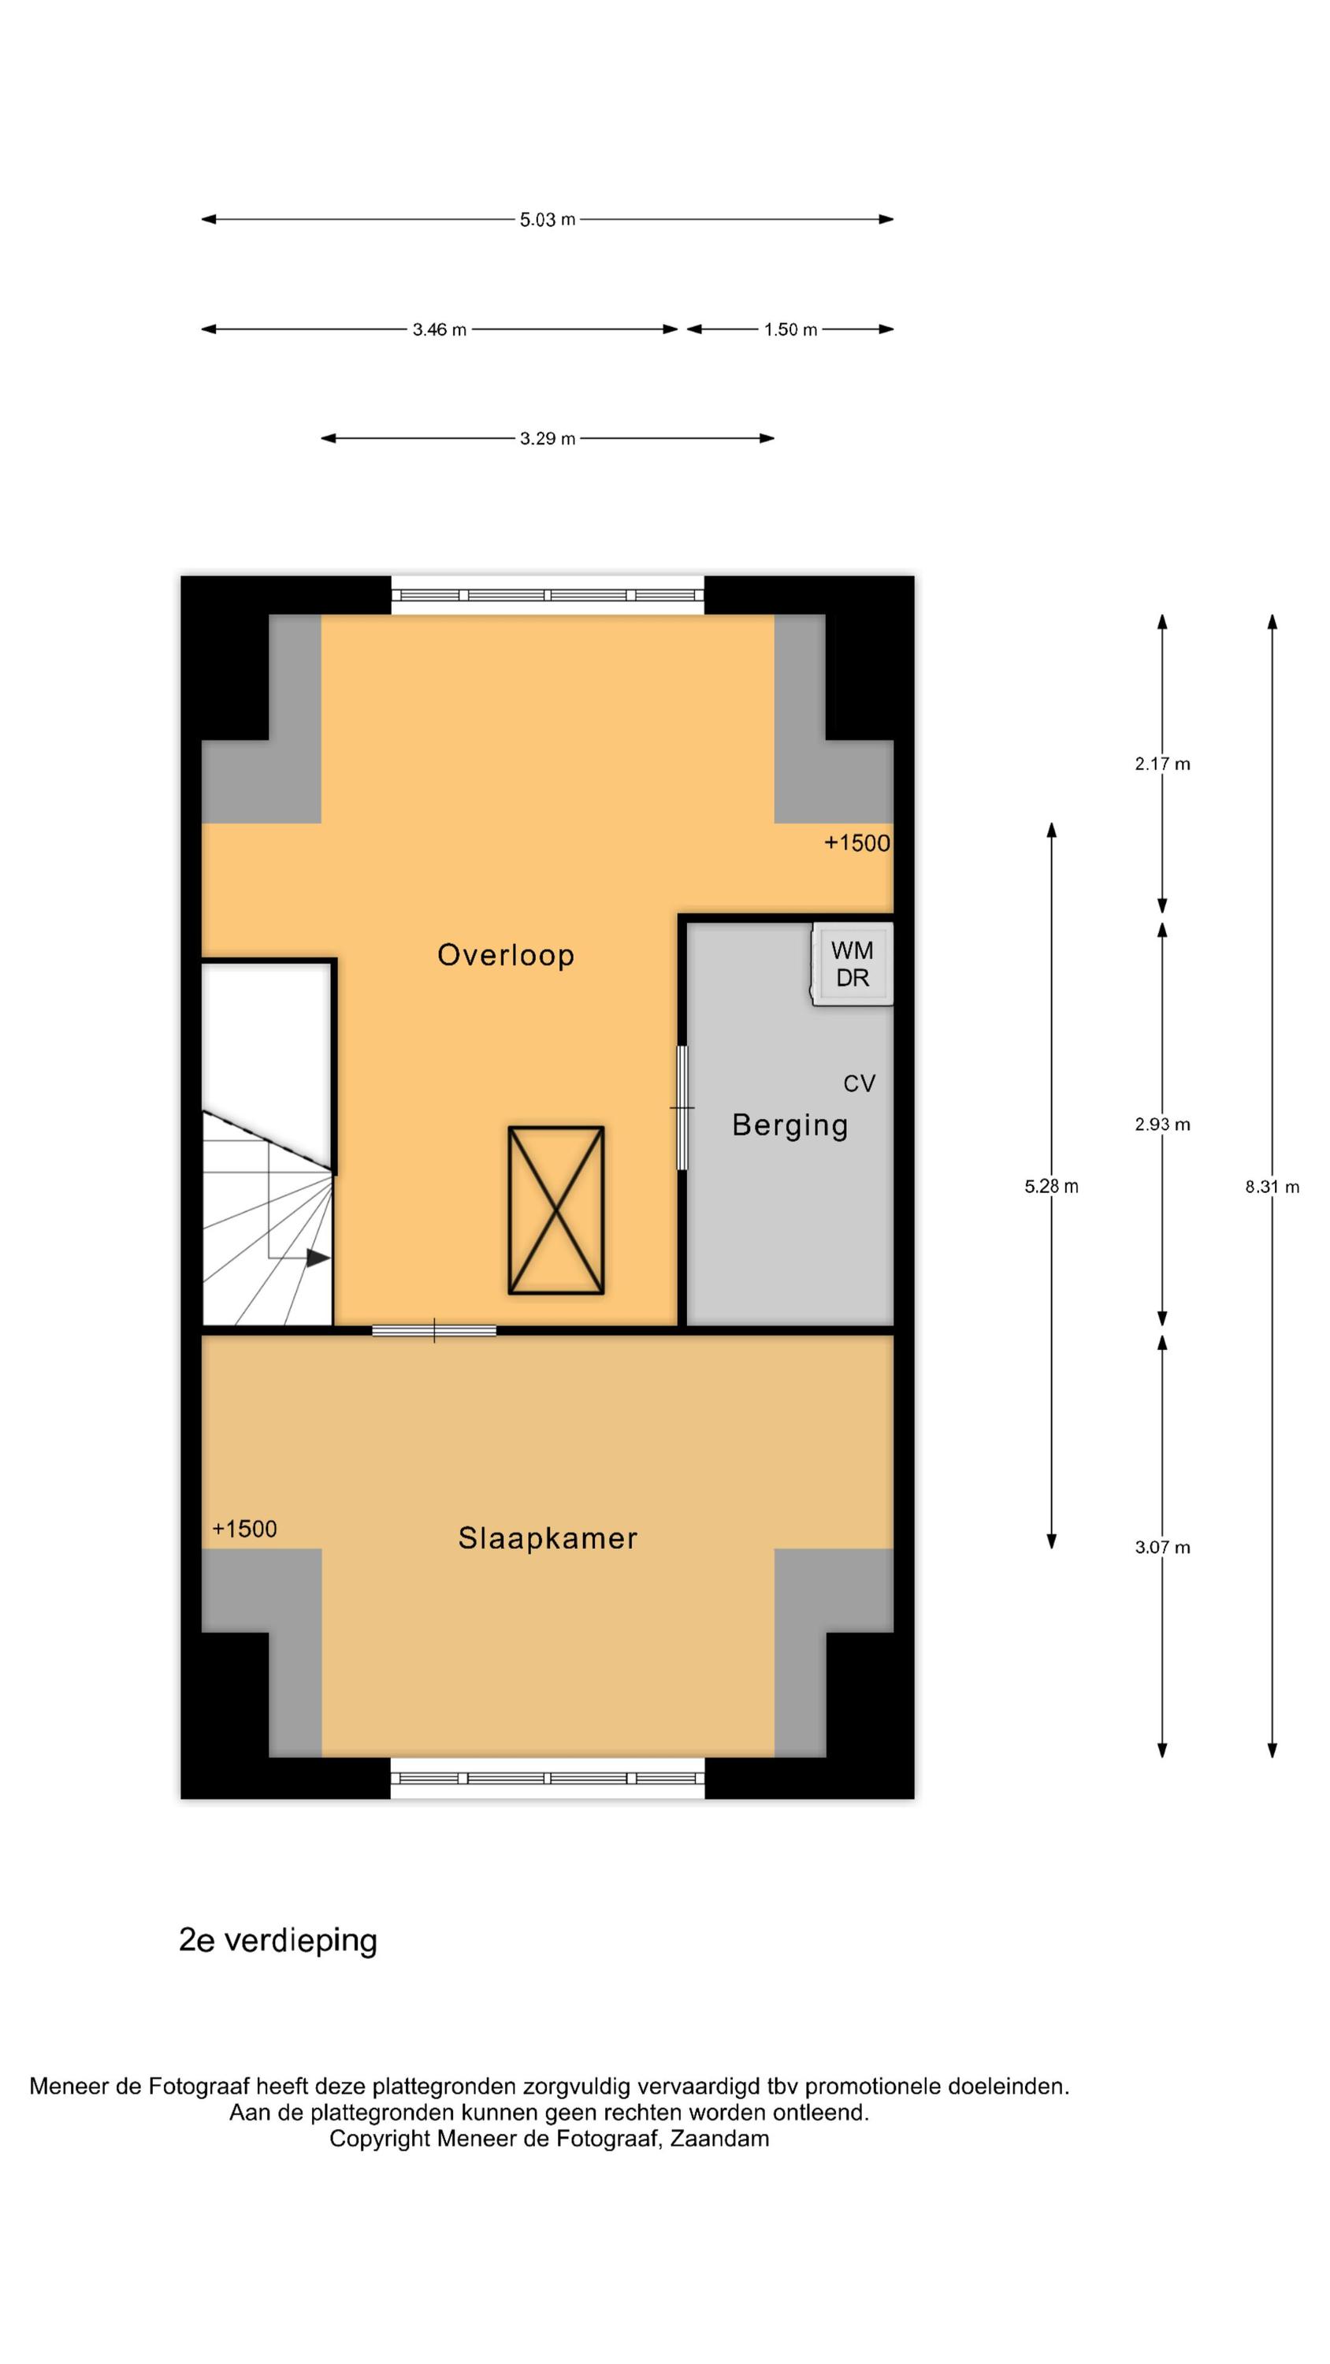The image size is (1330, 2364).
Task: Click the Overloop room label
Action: point(506,955)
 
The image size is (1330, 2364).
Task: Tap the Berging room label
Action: point(789,1125)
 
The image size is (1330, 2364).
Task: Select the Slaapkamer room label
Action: point(548,1538)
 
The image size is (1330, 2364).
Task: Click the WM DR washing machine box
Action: point(852,965)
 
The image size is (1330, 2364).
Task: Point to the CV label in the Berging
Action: point(859,1083)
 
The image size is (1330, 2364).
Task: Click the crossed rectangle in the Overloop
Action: point(556,1210)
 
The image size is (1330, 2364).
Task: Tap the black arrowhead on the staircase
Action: point(318,1258)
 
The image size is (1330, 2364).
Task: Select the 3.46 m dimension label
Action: point(440,329)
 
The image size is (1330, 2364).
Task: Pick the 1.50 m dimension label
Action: point(790,329)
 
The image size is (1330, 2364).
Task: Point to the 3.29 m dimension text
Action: point(548,439)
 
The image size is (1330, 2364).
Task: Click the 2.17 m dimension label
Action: point(1162,764)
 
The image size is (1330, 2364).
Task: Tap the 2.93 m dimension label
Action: point(1162,1124)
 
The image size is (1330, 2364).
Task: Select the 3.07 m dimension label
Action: point(1162,1548)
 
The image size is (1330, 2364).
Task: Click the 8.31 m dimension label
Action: point(1272,1187)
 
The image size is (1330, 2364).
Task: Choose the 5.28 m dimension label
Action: point(1052,1187)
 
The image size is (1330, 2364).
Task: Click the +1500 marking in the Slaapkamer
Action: point(244,1529)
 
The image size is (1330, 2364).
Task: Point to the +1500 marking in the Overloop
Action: point(857,843)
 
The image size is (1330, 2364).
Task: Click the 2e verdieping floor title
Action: point(278,1940)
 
